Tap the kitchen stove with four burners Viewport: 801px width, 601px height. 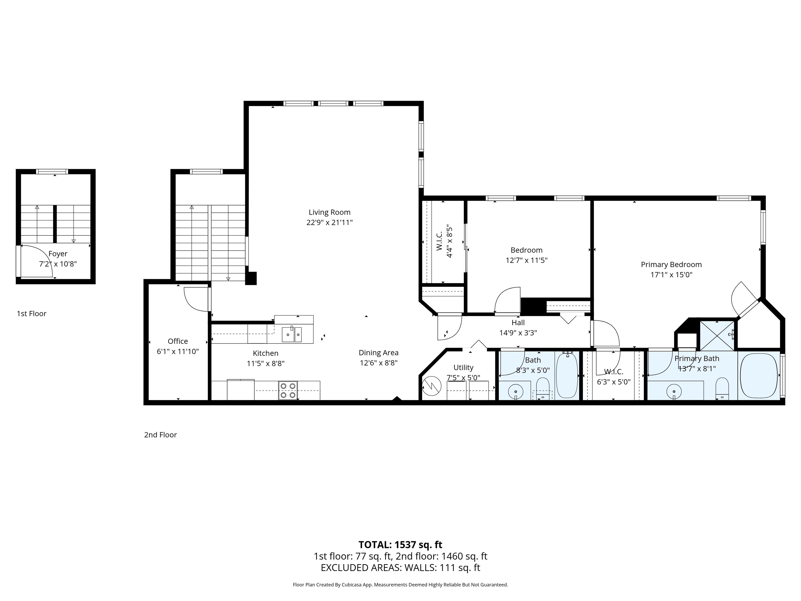coord(288,390)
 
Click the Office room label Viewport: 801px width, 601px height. coord(178,341)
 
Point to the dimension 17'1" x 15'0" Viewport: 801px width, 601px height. coord(671,275)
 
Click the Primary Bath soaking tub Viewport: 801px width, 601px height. coord(759,376)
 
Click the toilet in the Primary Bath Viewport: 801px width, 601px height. coord(722,387)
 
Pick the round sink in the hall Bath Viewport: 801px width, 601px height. coord(515,391)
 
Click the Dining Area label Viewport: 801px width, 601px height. coord(378,353)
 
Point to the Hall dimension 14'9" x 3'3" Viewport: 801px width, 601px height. coord(518,333)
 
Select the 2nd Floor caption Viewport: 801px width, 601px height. coord(160,435)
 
